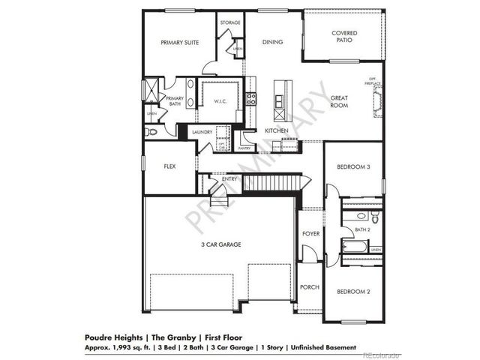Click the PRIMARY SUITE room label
coord(179,43)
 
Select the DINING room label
coord(272,42)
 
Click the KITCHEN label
coord(277,131)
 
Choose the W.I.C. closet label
coord(220,101)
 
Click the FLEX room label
coord(169,166)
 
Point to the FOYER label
coord(310,234)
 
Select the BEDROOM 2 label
coord(352,292)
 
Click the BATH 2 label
coord(362,229)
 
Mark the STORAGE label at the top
coord(229,22)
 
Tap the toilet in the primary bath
coord(151,130)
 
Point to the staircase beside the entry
coord(273,181)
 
